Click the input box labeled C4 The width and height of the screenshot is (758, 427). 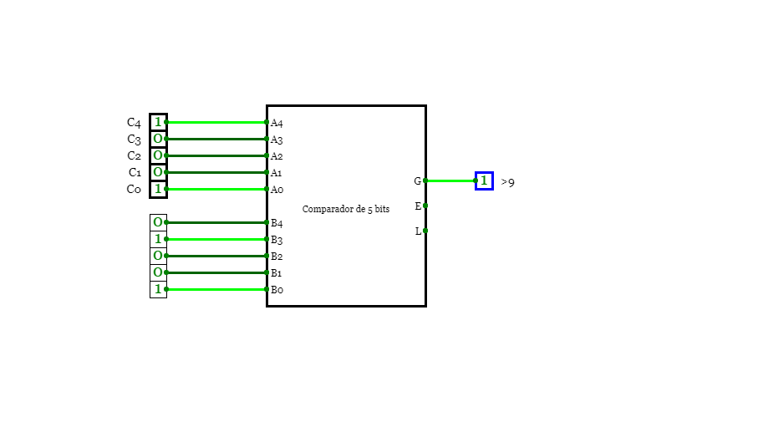click(158, 122)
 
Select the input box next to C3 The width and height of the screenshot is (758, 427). click(158, 139)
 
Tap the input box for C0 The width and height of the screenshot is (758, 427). click(158, 189)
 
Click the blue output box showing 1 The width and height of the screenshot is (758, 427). click(484, 180)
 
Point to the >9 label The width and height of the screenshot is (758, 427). click(507, 182)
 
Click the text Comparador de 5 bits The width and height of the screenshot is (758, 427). click(346, 209)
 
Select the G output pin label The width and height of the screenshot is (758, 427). click(417, 180)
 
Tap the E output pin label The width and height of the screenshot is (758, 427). click(418, 206)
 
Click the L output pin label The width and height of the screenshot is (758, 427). click(418, 231)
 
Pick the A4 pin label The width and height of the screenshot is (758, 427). click(277, 123)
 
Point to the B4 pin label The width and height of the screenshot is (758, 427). click(277, 223)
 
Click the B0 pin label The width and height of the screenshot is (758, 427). click(277, 290)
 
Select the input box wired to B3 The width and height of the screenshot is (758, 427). click(158, 239)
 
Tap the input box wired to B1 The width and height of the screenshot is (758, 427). click(158, 272)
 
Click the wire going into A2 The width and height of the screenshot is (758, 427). click(216, 155)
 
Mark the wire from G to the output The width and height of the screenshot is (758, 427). click(450, 180)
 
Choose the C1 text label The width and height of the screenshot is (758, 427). click(135, 173)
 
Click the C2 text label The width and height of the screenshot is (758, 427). click(134, 155)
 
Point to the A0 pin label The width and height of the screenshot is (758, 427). click(277, 190)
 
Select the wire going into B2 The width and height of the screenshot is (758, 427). click(216, 256)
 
